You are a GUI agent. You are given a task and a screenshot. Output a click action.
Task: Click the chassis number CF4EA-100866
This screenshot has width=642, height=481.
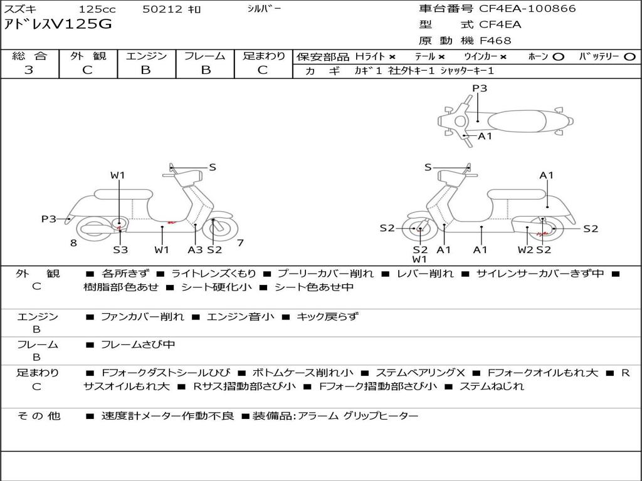pyautogui.click(x=527, y=9)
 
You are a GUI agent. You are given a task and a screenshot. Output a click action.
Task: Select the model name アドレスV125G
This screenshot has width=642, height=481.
pyautogui.click(x=58, y=24)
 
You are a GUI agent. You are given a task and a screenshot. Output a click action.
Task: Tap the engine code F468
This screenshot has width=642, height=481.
pyautogui.click(x=495, y=41)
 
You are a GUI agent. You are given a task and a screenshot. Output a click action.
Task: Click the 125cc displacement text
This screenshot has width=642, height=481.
pyautogui.click(x=97, y=9)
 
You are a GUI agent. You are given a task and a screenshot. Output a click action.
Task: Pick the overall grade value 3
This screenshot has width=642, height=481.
pyautogui.click(x=29, y=70)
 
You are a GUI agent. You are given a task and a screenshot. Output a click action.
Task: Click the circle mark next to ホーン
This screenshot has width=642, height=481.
pyautogui.click(x=558, y=57)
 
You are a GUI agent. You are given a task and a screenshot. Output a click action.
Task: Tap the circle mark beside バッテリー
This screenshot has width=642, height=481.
pyautogui.click(x=629, y=57)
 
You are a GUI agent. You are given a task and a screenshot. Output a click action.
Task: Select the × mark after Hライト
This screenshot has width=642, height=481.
pyautogui.click(x=392, y=57)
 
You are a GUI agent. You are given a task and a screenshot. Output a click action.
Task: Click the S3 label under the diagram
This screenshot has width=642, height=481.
pyautogui.click(x=120, y=249)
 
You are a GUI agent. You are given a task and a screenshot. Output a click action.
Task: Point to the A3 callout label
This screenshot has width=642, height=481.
pyautogui.click(x=195, y=249)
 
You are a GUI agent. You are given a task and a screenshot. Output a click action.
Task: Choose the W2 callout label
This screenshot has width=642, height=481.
pyautogui.click(x=525, y=249)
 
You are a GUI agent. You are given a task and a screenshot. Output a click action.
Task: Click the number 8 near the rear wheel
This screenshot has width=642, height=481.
pyautogui.click(x=73, y=243)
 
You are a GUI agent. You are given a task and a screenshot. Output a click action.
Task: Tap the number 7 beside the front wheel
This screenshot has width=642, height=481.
pyautogui.click(x=240, y=242)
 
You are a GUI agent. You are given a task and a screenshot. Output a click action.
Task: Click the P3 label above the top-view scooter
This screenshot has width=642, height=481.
pyautogui.click(x=480, y=88)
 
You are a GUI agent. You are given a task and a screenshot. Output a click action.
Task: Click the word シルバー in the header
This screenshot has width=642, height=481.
pyautogui.click(x=264, y=9)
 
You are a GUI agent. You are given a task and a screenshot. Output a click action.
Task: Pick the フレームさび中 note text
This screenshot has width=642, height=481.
pyautogui.click(x=138, y=345)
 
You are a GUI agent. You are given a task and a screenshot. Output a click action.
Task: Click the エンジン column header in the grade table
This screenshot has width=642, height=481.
pyautogui.click(x=146, y=56)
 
